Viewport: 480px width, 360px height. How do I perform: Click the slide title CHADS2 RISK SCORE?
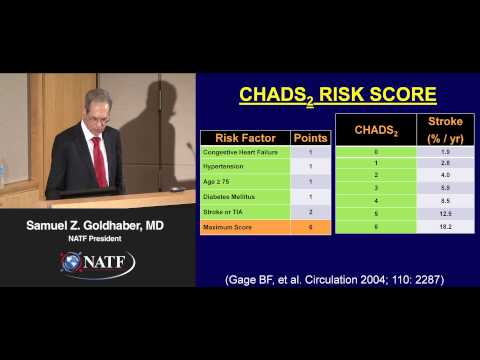[x=339, y=95]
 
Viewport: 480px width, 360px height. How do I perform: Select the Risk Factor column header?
[x=244, y=137]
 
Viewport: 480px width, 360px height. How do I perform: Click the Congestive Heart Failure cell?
[x=244, y=152]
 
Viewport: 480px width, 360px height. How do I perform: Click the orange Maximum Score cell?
[x=244, y=228]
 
